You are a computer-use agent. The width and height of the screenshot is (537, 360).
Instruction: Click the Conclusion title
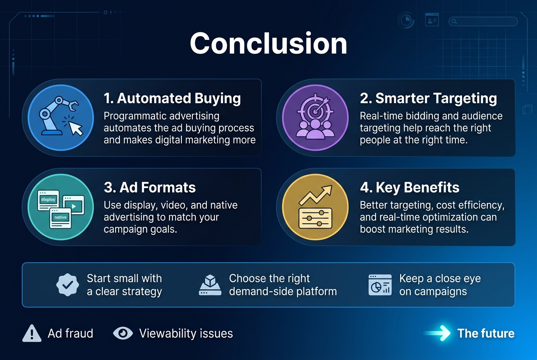click(x=268, y=43)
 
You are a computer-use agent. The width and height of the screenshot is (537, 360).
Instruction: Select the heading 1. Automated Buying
click(x=172, y=98)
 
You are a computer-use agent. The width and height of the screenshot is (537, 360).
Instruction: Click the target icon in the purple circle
click(x=315, y=117)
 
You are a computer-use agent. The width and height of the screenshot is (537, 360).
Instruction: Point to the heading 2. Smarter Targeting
click(x=428, y=98)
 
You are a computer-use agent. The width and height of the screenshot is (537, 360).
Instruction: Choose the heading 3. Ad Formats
click(x=150, y=188)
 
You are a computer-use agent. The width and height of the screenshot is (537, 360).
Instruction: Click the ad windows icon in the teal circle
click(x=60, y=207)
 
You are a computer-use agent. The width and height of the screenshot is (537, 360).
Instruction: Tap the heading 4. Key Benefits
click(x=410, y=188)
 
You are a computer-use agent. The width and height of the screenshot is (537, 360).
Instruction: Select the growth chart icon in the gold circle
click(x=315, y=207)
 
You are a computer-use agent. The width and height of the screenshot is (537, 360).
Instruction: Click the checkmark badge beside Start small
click(x=68, y=285)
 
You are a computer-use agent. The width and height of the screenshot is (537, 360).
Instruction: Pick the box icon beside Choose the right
click(x=210, y=284)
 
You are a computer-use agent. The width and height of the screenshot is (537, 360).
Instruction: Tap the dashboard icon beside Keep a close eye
click(x=380, y=285)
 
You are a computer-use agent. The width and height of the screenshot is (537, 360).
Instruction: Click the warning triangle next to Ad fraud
click(x=32, y=334)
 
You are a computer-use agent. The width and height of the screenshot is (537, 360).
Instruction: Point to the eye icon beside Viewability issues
click(x=123, y=334)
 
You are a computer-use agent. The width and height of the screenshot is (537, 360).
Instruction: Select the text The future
click(x=486, y=334)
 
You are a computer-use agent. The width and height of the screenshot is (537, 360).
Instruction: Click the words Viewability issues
click(x=186, y=334)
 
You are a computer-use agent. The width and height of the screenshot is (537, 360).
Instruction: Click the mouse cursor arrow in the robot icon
click(x=75, y=127)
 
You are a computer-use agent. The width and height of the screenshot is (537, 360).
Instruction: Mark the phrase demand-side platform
click(x=283, y=292)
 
